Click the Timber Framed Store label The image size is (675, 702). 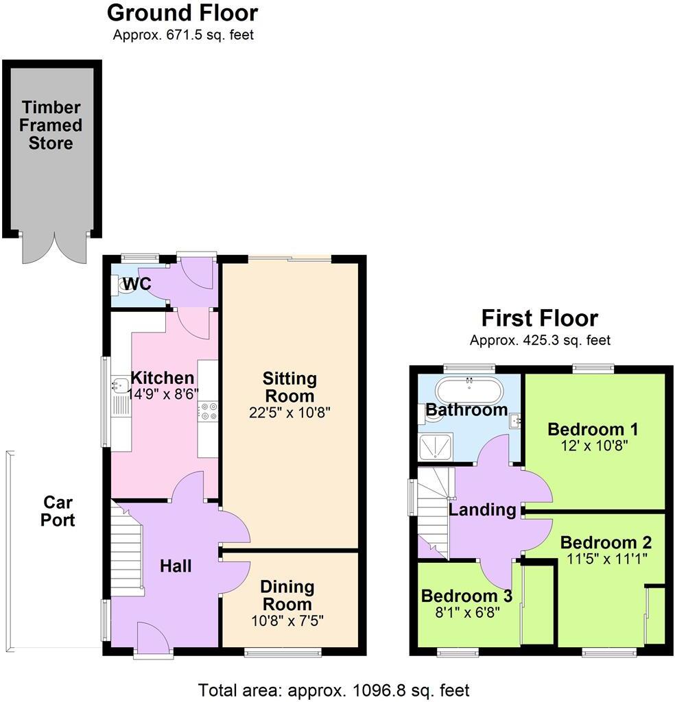[x=51, y=125]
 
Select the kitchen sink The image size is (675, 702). [x=118, y=389]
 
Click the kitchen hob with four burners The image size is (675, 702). [x=207, y=411]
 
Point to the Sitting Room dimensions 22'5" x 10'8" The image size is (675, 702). [x=289, y=413]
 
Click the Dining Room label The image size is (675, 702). [x=287, y=595]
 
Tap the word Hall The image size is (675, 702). [x=176, y=566]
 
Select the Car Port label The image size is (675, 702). [x=58, y=511]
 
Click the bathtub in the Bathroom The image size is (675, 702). [x=470, y=391]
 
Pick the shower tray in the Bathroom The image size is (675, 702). [x=436, y=445]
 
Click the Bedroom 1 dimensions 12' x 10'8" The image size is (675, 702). [x=593, y=446]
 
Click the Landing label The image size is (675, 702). [x=482, y=509]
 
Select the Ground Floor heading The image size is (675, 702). [x=182, y=12]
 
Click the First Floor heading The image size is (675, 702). [x=539, y=318]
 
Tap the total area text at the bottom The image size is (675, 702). [x=333, y=690]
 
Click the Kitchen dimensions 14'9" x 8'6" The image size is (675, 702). [x=163, y=395]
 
